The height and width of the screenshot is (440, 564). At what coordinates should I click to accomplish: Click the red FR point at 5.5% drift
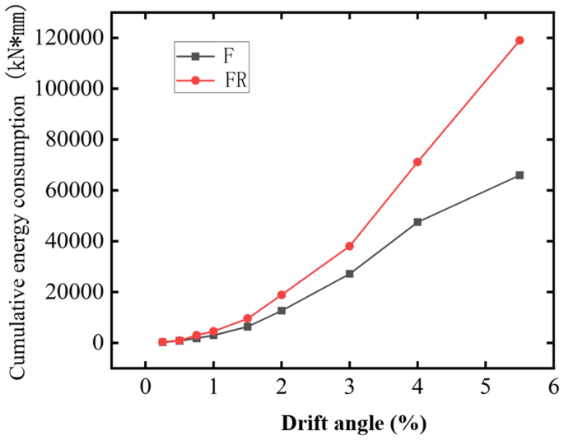point(520,40)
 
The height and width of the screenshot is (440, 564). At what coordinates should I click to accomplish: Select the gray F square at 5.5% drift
point(520,175)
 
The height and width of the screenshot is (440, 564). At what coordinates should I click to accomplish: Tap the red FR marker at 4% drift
point(417,162)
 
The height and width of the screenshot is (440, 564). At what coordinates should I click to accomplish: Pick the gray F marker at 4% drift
point(417,222)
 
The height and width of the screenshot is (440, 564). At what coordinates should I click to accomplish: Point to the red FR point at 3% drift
point(349,246)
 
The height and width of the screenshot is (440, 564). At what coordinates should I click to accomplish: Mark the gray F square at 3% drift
point(349,274)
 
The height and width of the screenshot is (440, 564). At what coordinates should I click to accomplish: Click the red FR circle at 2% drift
point(282,294)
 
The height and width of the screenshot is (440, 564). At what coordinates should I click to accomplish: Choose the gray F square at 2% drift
point(282,310)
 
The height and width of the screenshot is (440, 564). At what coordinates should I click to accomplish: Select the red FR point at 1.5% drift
point(247,318)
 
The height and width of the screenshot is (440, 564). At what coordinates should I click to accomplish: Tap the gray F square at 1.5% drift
point(247,327)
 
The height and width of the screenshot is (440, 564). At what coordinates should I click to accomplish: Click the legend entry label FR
point(237,81)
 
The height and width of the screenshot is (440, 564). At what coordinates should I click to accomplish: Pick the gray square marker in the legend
point(195,57)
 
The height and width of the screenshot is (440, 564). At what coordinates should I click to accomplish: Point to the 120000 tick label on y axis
point(74,38)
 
